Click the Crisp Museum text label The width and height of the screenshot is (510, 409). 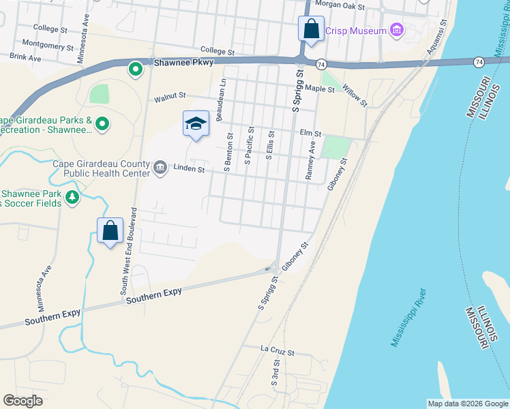355,30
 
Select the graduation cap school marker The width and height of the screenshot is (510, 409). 196,123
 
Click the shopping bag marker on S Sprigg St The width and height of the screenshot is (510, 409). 311,29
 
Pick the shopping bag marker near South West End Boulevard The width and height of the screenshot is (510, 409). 110,230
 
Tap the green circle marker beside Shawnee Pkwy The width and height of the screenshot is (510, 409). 136,68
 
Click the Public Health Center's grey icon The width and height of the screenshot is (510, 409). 160,168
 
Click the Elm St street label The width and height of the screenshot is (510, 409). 310,134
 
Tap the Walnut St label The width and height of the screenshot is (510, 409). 170,99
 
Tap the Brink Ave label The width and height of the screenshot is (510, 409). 25,59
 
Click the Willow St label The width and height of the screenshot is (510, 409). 355,95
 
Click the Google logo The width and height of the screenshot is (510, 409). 23,401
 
